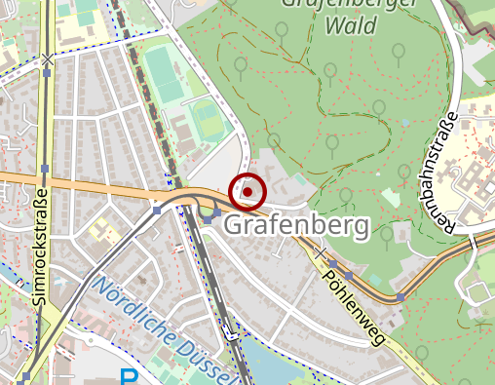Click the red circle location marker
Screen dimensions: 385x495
[247, 192]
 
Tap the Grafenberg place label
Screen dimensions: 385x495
[297, 226]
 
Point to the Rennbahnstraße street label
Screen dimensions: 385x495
[447, 173]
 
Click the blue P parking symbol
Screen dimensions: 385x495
[129, 377]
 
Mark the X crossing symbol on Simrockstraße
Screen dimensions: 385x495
[47, 60]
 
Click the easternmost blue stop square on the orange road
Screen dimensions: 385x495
[400, 296]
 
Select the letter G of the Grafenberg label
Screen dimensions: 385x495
[235, 226]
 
